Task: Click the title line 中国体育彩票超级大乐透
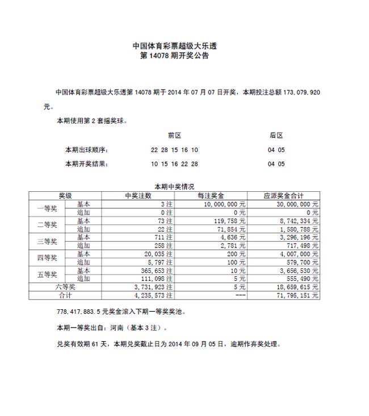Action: pos(175,46)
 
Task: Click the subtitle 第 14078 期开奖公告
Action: pos(175,56)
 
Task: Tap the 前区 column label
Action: pos(174,135)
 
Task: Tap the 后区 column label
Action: pos(276,135)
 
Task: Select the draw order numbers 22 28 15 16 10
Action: pos(174,150)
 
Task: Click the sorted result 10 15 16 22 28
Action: pos(174,165)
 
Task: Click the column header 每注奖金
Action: pos(211,195)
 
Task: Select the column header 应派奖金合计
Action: pos(283,195)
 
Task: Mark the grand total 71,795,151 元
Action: pos(296,296)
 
